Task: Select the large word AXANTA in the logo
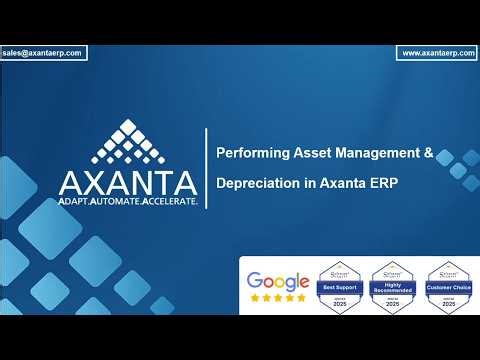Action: click(x=127, y=183)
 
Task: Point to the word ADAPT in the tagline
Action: click(x=81, y=201)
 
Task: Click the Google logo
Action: click(x=277, y=281)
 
